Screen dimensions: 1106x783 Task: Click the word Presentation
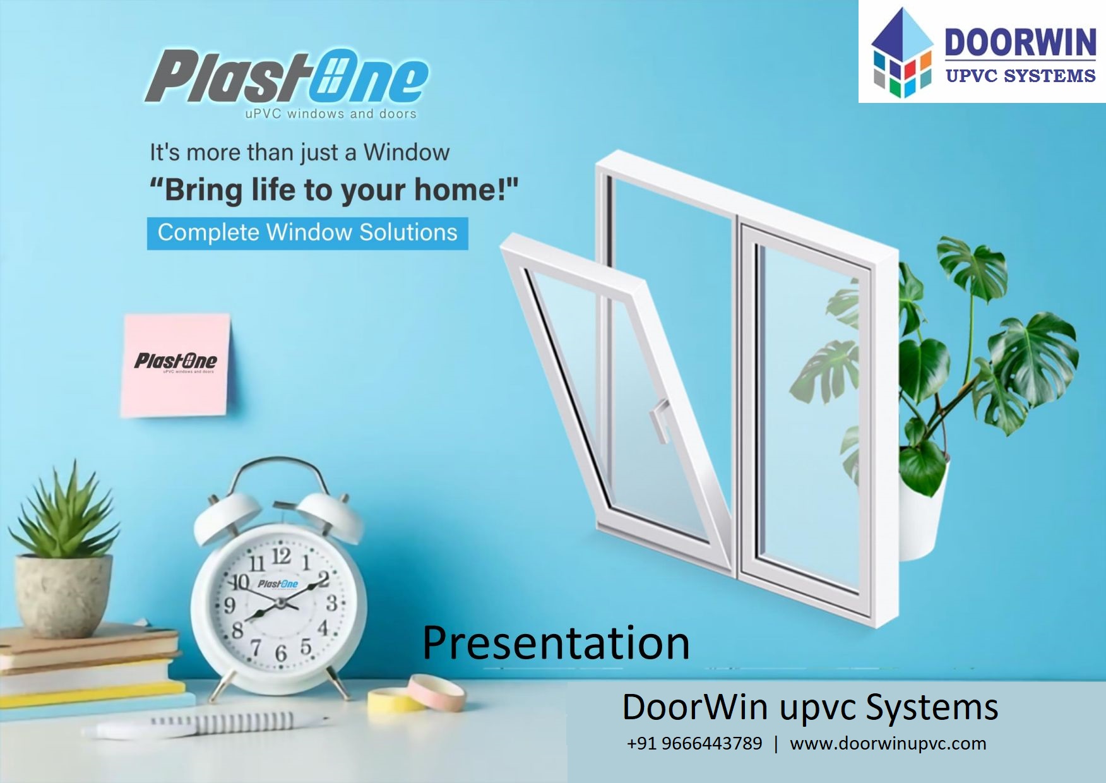tap(556, 643)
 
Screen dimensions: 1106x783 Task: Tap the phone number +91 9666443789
tap(694, 743)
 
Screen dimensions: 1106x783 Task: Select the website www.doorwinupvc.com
tap(888, 744)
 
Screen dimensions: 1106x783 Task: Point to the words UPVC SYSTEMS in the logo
tap(1021, 76)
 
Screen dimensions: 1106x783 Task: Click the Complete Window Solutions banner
tap(307, 233)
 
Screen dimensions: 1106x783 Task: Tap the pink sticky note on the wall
tap(175, 365)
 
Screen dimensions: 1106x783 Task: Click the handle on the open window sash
tap(660, 419)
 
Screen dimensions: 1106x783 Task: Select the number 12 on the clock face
tap(282, 556)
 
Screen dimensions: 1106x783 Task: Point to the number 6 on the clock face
tap(281, 654)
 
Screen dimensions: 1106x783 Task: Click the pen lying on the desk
tap(208, 724)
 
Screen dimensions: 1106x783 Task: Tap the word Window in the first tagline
tap(407, 152)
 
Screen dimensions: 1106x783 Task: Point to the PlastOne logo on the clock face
tap(278, 584)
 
